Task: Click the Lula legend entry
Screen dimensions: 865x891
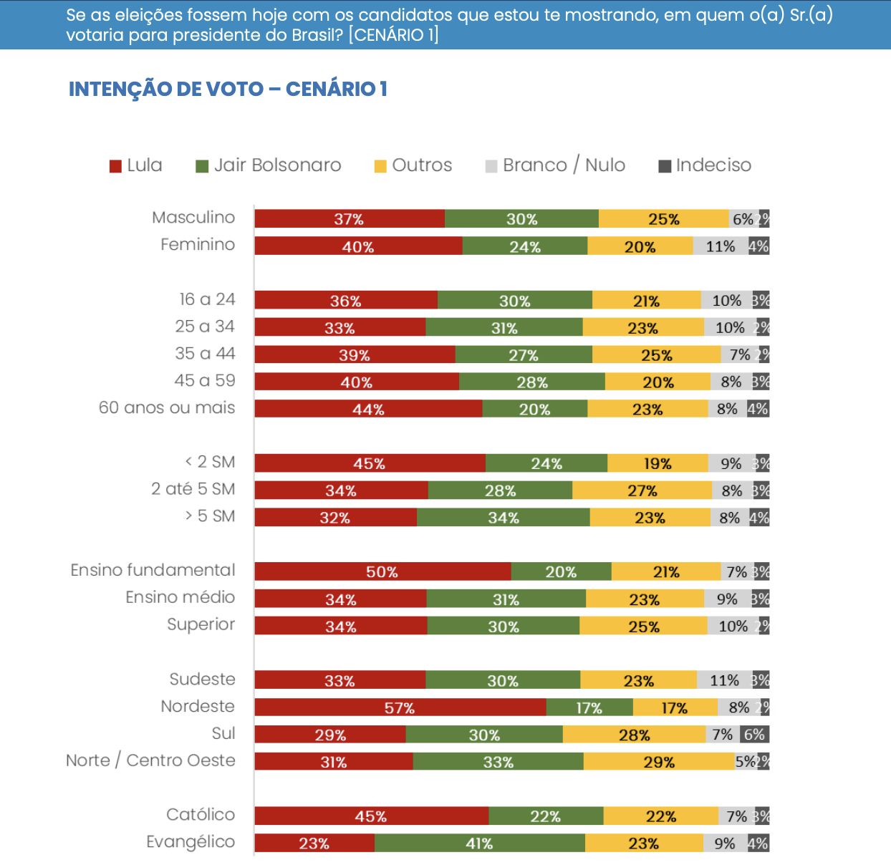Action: tap(136, 165)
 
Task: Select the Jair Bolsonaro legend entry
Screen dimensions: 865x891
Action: tap(269, 165)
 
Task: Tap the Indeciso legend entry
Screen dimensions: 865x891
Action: tap(705, 165)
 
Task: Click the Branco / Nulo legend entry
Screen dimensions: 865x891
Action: tap(555, 165)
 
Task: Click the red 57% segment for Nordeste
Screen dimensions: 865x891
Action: tap(400, 707)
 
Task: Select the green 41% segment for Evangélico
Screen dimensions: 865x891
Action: tap(479, 844)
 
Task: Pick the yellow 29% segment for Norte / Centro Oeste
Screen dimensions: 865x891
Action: tap(659, 762)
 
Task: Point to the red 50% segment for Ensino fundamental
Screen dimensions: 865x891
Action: tap(382, 571)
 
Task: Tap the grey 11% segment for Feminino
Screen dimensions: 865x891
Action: tap(720, 246)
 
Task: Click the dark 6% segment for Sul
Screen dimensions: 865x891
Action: tap(754, 735)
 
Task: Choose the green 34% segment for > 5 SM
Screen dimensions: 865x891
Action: tap(503, 518)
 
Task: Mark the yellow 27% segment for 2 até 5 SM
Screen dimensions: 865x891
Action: tap(642, 491)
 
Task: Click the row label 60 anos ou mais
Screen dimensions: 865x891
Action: tap(167, 408)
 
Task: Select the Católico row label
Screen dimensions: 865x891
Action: tap(201, 815)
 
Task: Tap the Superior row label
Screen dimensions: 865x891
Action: tap(201, 624)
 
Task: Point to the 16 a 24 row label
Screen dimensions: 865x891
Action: tap(207, 299)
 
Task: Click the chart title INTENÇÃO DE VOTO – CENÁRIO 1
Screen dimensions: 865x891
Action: tap(228, 89)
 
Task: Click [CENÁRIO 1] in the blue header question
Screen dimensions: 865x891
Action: tap(393, 35)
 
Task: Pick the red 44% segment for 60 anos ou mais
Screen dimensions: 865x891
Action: tap(367, 409)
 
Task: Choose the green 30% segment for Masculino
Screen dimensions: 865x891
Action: tap(521, 219)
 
